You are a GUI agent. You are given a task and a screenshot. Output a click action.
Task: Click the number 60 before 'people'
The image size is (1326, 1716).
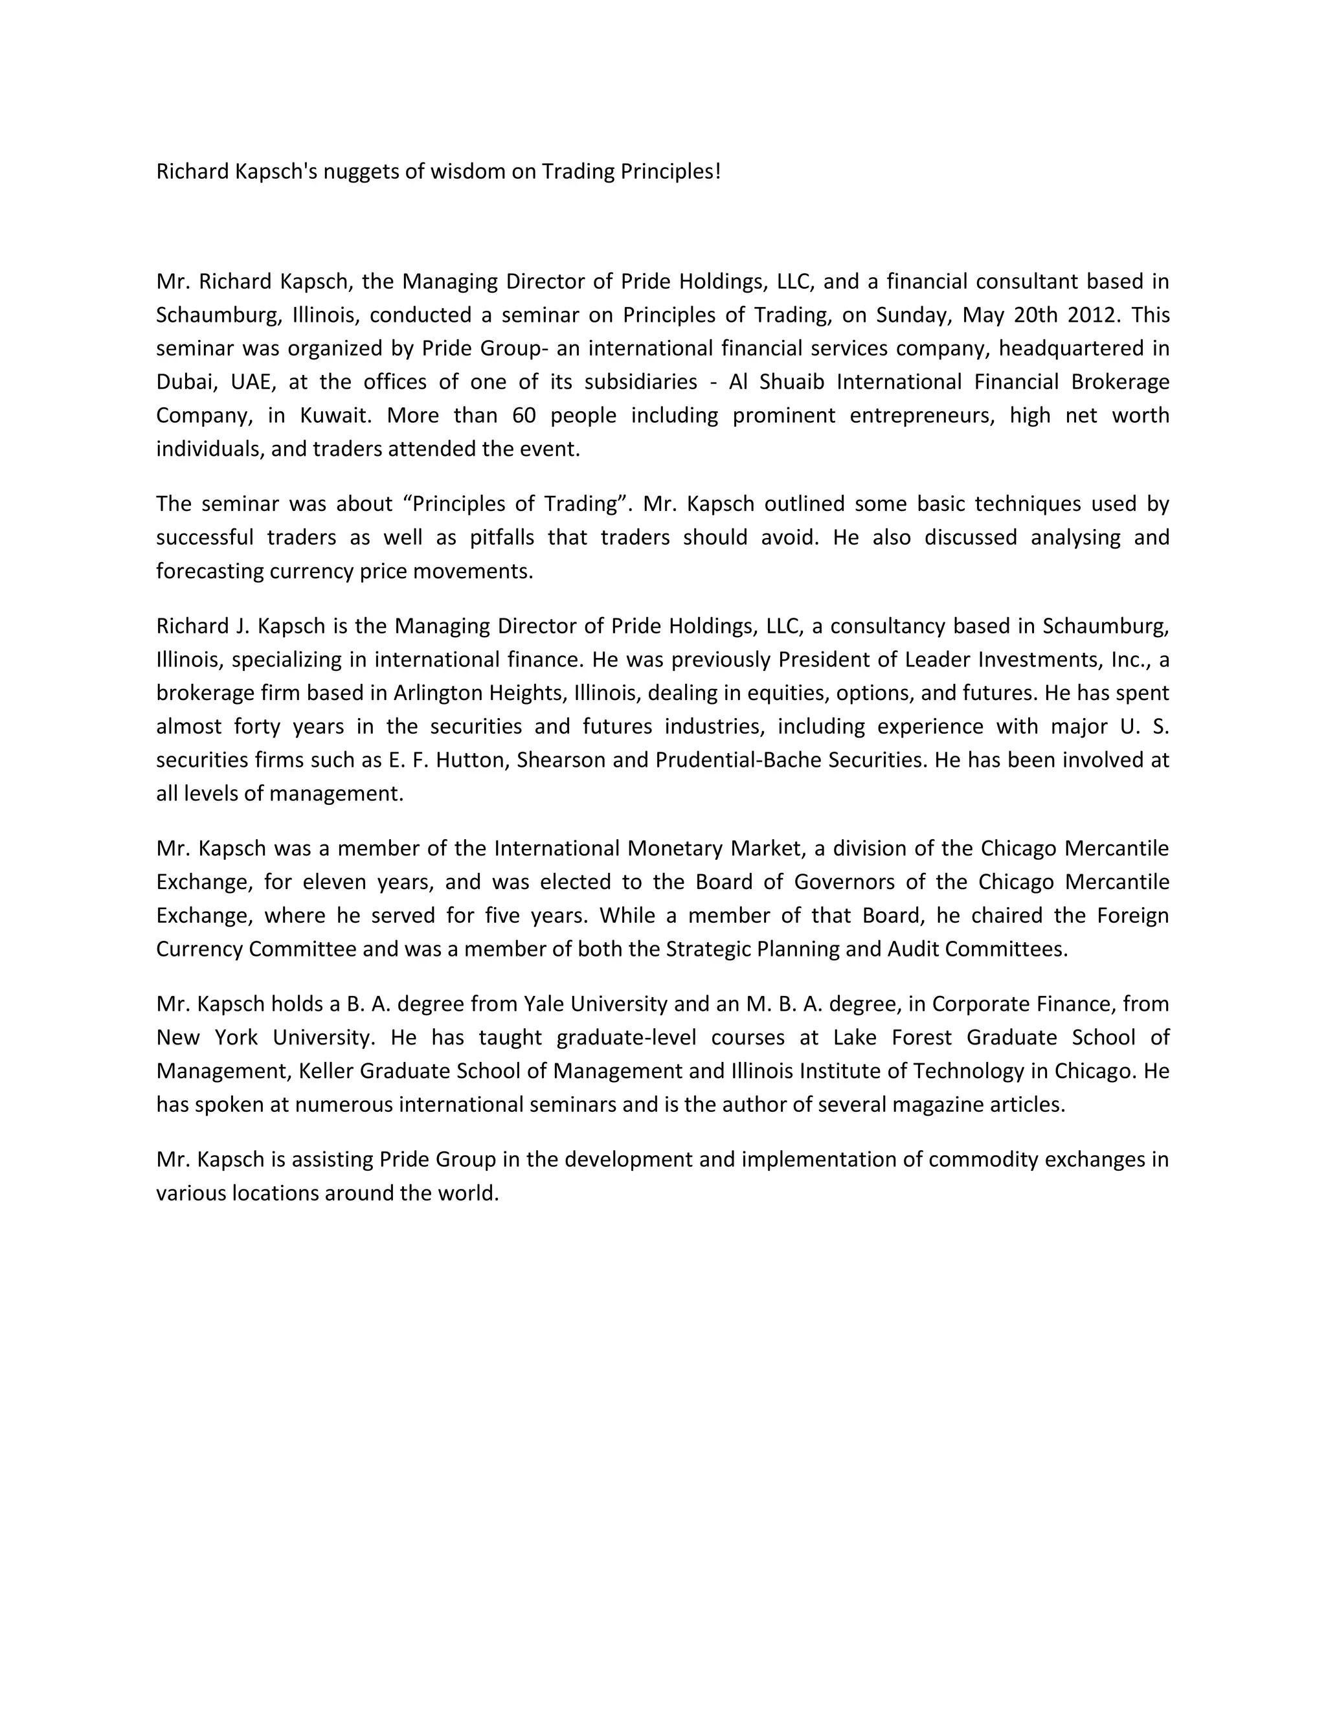[524, 416]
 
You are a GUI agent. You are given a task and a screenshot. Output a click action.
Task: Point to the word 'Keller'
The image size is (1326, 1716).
[326, 1071]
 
